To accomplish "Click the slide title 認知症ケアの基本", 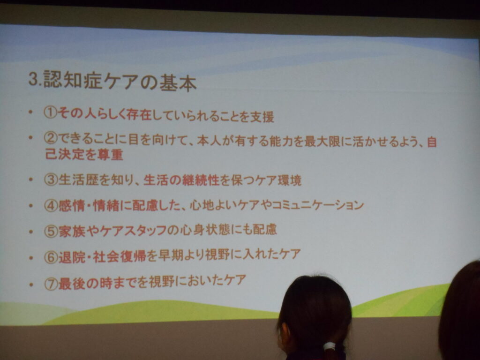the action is click(120, 81).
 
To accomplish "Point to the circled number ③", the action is click(51, 180).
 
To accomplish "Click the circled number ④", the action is click(51, 205).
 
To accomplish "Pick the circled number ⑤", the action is click(51, 231).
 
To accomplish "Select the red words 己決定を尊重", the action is click(84, 154).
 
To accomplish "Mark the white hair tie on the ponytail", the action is click(330, 346).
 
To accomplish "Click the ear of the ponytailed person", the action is click(284, 333).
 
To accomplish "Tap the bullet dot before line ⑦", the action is click(30, 285).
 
